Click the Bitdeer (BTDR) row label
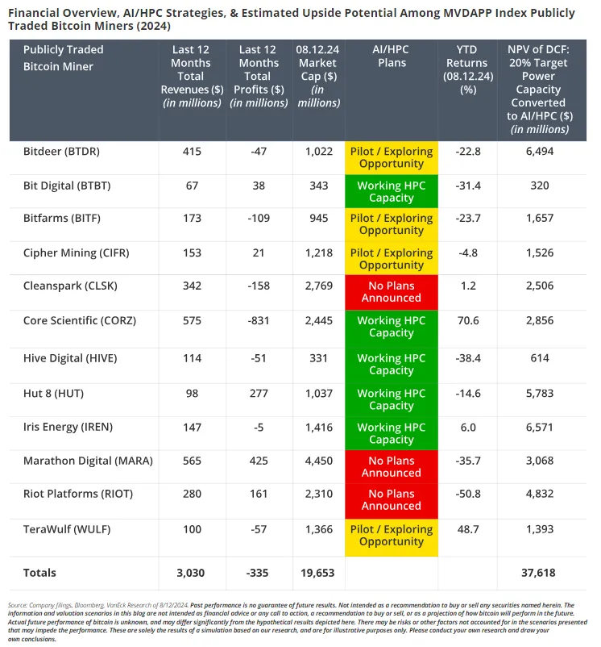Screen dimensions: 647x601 61,152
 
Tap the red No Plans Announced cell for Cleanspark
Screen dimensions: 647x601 391,291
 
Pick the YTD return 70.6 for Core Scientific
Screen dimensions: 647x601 466,320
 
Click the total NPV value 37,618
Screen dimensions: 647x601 539,572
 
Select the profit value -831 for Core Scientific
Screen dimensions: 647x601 259,320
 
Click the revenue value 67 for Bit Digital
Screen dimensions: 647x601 192,186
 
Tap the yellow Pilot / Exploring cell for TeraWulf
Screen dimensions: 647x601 391,535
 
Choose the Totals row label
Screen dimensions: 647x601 39,572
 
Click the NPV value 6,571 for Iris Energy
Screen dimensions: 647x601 539,427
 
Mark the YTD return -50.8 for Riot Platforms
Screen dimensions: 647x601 466,494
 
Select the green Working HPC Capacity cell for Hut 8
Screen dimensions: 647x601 391,399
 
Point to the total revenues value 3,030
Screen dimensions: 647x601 192,572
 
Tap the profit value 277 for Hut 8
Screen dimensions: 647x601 259,393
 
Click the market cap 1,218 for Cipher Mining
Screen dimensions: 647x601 318,253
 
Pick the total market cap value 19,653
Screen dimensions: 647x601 318,572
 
